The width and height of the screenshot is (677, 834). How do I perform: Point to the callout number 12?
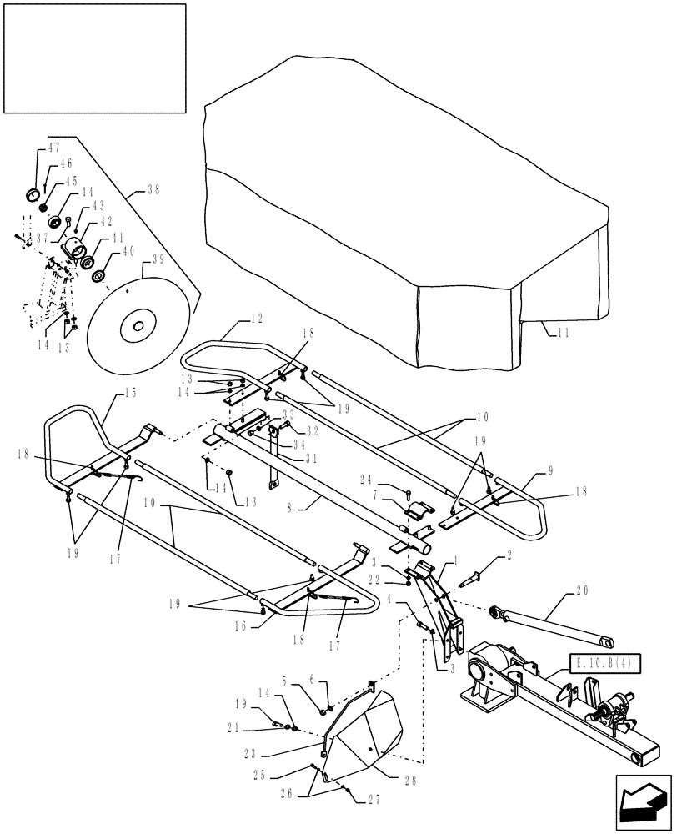point(255,319)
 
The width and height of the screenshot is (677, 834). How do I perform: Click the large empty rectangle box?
point(93,58)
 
